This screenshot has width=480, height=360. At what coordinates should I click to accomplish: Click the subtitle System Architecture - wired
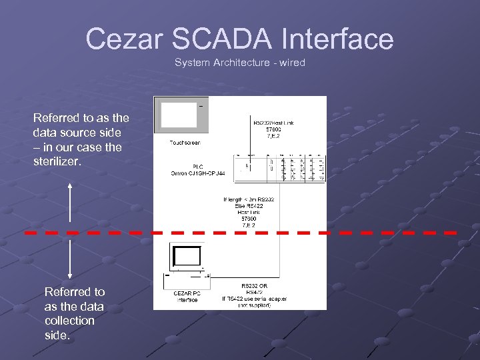tap(239, 63)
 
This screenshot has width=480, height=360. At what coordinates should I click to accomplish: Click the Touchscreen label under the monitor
tap(185, 142)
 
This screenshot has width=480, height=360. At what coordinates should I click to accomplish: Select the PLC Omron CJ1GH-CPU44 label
tap(198, 170)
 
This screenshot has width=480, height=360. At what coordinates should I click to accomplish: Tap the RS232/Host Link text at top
tap(273, 123)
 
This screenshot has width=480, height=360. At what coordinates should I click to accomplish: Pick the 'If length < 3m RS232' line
tap(249, 199)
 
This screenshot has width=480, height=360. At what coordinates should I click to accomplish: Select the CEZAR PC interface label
tap(187, 295)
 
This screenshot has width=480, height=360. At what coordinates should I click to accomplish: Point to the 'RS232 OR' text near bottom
tap(254, 285)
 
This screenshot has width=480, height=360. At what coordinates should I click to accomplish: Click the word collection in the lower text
tap(69, 321)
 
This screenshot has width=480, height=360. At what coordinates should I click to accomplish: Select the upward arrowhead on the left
tap(70, 187)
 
